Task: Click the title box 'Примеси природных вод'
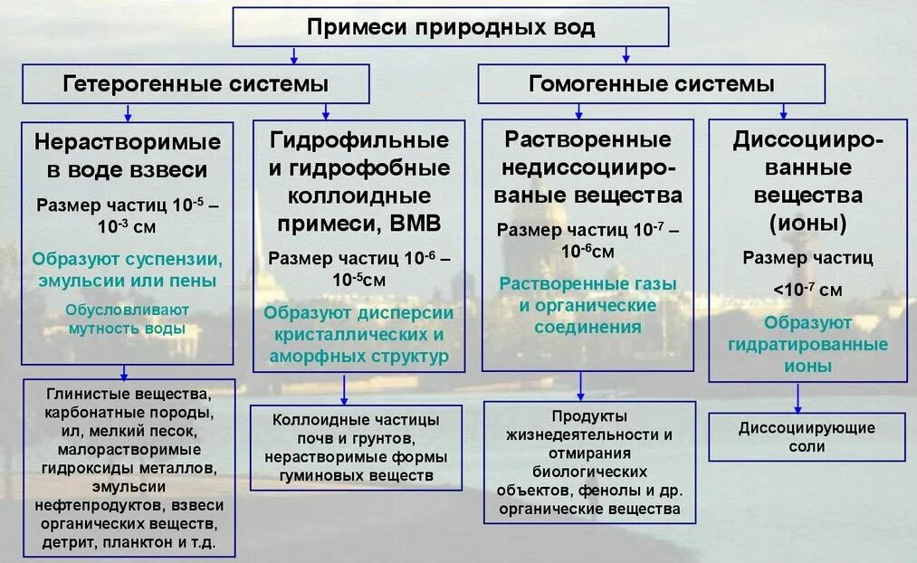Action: [451, 27]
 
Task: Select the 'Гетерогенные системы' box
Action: [196, 84]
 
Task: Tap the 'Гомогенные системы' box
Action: [651, 84]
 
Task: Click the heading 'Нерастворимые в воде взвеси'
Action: [128, 156]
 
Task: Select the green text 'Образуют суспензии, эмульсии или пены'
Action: [128, 270]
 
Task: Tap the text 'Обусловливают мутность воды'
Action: [128, 319]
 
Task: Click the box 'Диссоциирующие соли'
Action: [807, 437]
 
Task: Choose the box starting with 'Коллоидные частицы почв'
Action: [356, 447]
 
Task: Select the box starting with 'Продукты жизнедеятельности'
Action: [589, 463]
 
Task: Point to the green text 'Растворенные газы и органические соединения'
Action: [588, 305]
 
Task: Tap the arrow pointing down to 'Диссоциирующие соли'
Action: [798, 396]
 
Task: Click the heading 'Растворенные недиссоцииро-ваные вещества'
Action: [587, 167]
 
